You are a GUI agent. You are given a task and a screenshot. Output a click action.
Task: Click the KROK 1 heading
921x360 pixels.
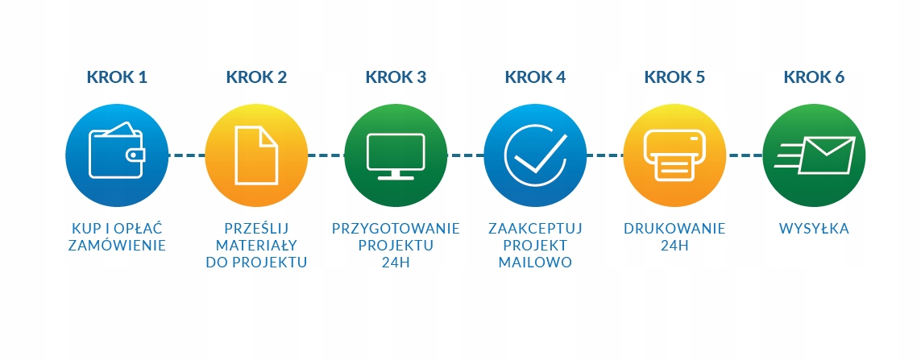[117, 77]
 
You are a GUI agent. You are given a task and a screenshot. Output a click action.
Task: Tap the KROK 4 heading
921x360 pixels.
[535, 77]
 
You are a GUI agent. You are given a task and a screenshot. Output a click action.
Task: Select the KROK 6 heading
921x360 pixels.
[814, 77]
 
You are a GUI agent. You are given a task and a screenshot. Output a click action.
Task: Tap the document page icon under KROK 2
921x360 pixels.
[256, 154]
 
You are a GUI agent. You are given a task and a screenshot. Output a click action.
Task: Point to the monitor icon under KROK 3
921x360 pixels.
[396, 154]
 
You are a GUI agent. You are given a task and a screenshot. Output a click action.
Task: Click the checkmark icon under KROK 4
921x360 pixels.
[535, 154]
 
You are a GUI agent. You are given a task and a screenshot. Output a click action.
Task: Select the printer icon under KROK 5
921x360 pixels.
[674, 154]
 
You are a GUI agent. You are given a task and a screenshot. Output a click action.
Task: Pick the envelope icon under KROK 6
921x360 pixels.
[814, 154]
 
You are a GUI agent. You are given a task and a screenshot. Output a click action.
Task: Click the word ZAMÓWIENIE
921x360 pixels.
[117, 246]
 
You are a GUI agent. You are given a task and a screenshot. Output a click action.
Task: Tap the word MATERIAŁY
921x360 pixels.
[256, 246]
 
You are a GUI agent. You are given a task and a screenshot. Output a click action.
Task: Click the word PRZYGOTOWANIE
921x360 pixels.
[396, 229]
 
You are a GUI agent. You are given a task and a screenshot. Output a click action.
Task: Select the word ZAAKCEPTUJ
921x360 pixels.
[535, 229]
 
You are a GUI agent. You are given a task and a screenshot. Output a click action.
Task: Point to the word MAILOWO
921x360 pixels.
[535, 263]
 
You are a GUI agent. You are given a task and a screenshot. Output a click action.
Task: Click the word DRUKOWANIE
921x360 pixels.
[674, 229]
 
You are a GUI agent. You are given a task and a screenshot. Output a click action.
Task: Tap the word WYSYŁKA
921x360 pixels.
[814, 229]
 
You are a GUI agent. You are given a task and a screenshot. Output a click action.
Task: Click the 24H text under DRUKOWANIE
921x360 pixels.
[674, 246]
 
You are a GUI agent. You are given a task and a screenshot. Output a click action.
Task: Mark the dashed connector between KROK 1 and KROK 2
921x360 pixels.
[186, 154]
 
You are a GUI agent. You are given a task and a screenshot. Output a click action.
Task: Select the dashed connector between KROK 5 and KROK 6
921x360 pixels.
[744, 154]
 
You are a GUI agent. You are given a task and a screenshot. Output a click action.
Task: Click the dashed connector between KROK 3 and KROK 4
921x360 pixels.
[465, 154]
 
